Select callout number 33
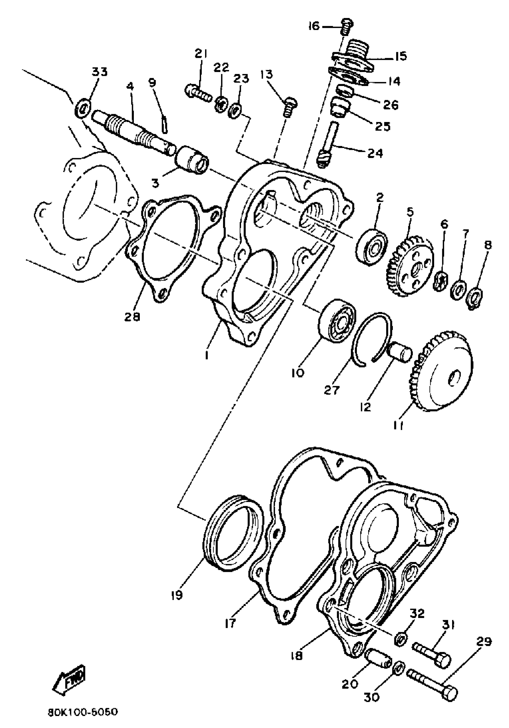coord(99,72)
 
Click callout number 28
coord(132,317)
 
